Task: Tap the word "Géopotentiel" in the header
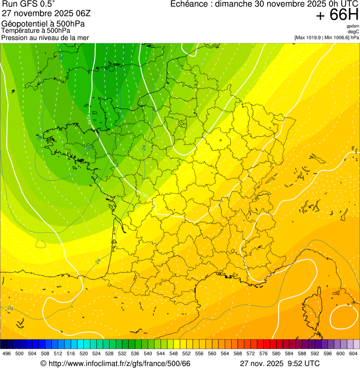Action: click(x=23, y=24)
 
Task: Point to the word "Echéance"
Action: click(x=187, y=4)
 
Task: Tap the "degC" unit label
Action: click(x=353, y=31)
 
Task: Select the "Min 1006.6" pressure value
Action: click(x=336, y=37)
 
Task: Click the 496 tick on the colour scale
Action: click(x=7, y=353)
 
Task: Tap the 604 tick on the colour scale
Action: click(x=353, y=353)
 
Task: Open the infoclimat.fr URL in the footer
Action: click(x=119, y=364)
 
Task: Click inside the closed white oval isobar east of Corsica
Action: click(x=344, y=319)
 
